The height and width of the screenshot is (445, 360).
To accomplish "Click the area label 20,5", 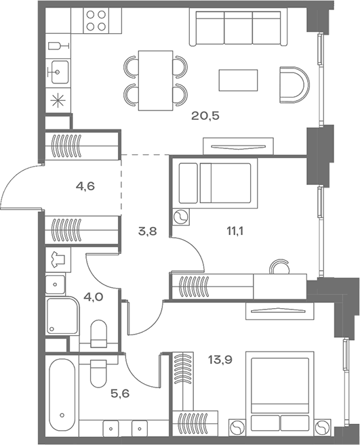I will (x=205, y=116).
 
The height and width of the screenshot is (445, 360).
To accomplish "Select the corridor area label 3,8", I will (x=147, y=230).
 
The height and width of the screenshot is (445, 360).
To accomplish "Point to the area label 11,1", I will (x=235, y=230).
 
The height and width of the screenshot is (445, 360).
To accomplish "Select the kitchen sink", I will (x=59, y=70).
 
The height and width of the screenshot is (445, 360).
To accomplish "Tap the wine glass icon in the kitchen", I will (x=58, y=45).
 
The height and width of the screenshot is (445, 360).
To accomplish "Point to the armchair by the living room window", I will (x=294, y=85).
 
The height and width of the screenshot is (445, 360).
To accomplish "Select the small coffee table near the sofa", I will (x=239, y=82).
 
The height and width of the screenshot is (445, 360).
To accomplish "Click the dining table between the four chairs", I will (x=155, y=80).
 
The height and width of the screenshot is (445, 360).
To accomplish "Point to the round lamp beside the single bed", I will (x=182, y=218).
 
